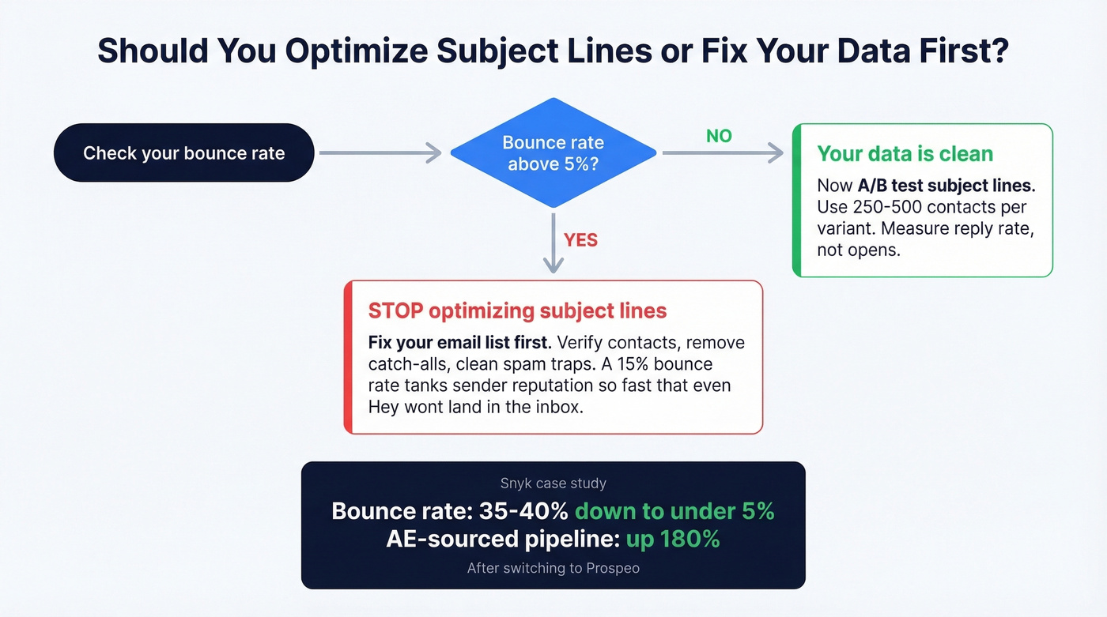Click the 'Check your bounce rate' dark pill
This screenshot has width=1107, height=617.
183,153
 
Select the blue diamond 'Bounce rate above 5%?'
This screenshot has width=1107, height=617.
553,153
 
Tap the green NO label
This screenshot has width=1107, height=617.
719,137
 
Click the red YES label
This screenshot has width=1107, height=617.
580,240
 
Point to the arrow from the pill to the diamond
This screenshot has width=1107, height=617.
380,153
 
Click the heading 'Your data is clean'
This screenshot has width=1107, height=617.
905,153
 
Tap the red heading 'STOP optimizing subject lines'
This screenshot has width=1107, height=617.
517,310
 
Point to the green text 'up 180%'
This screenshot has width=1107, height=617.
673,540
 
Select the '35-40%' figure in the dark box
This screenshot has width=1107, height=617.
523,511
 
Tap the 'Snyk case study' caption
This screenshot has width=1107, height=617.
553,483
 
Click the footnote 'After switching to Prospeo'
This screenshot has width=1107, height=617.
553,568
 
